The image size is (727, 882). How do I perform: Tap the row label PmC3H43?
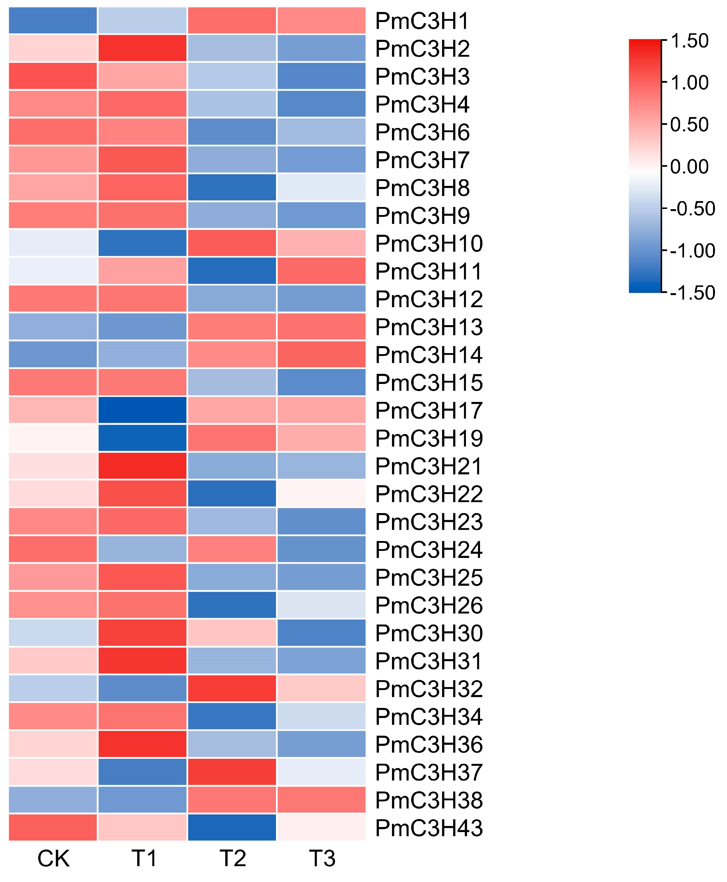pyautogui.click(x=429, y=827)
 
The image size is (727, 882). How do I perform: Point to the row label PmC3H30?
pyautogui.click(x=429, y=633)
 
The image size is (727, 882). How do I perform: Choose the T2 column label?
pyautogui.click(x=232, y=859)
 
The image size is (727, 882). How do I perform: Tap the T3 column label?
pyautogui.click(x=322, y=859)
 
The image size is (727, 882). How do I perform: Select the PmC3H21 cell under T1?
pyautogui.click(x=142, y=466)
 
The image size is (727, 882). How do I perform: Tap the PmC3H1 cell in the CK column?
pyautogui.click(x=53, y=20)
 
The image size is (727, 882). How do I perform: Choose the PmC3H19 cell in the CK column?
pyautogui.click(x=53, y=438)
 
